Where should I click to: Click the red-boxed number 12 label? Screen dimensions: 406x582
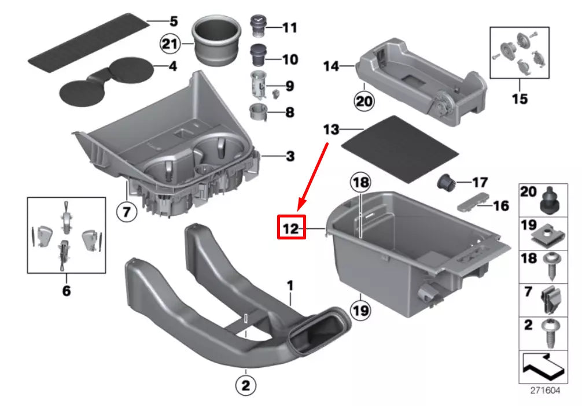pos(291,229)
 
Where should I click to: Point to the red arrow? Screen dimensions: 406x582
pos(314,174)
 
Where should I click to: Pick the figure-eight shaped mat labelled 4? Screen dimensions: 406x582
pos(107,80)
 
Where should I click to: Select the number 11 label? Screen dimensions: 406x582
pos(289,27)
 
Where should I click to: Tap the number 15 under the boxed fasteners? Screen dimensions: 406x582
pos(520,99)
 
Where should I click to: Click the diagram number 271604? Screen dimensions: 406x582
pos(545,390)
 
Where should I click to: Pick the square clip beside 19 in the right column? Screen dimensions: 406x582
pos(547,232)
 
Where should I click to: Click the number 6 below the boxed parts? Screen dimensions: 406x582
pos(66,290)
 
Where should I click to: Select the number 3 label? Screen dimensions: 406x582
pos(290,156)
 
